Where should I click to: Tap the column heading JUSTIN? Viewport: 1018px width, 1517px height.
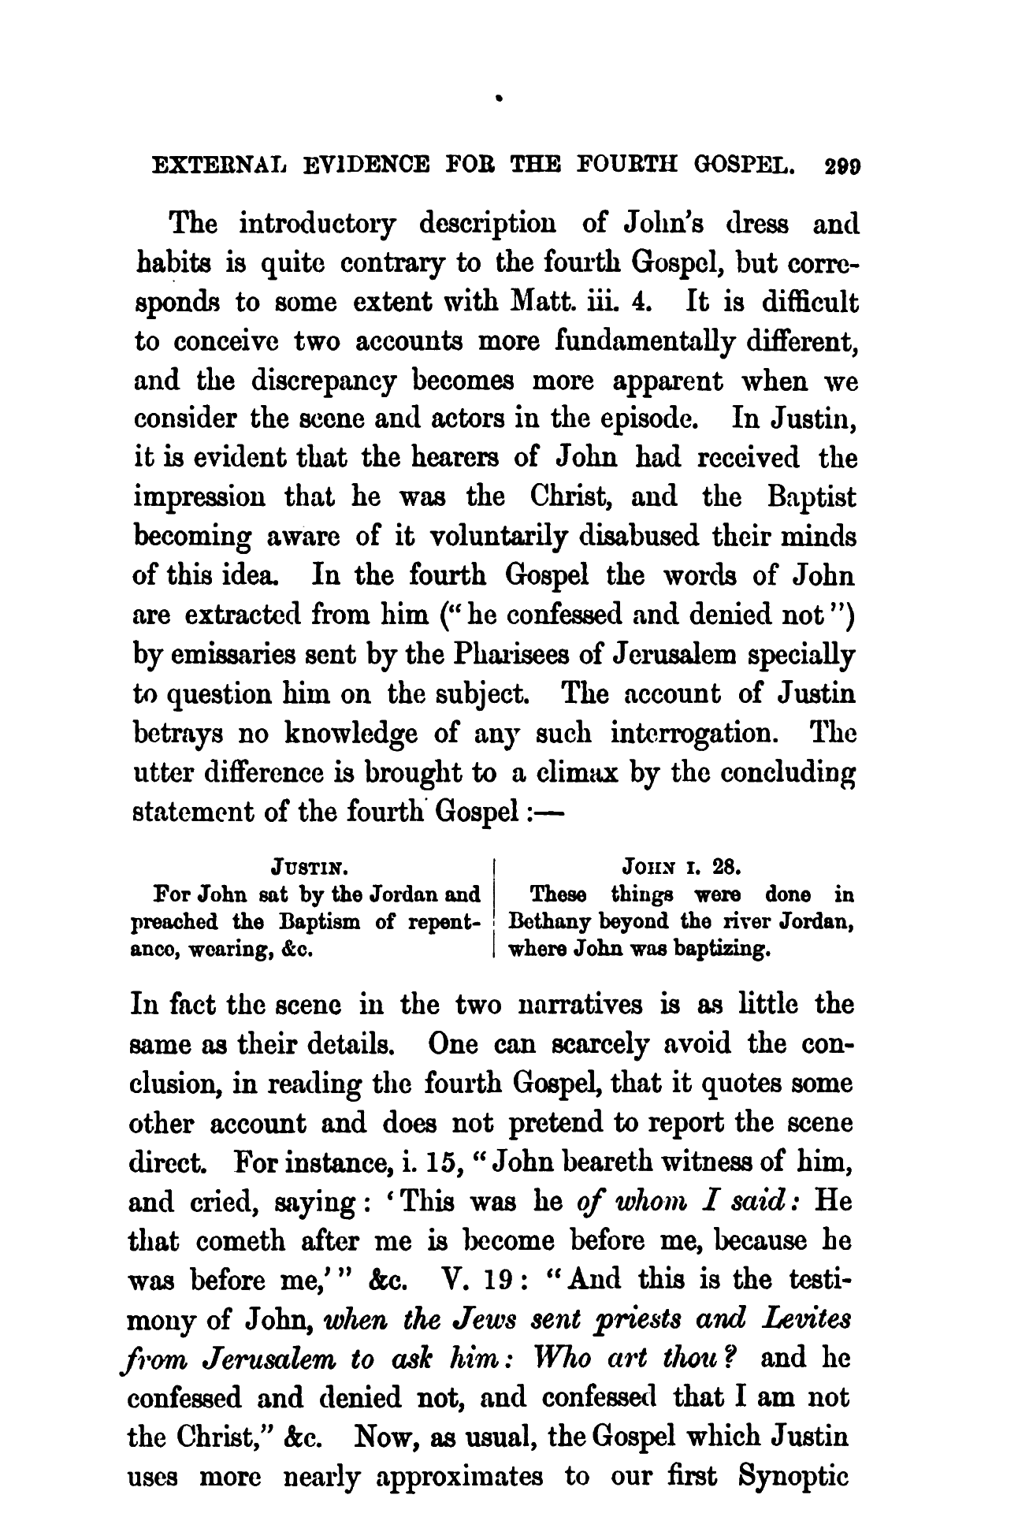tap(308, 869)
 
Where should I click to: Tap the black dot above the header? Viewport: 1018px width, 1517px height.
tap(499, 100)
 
